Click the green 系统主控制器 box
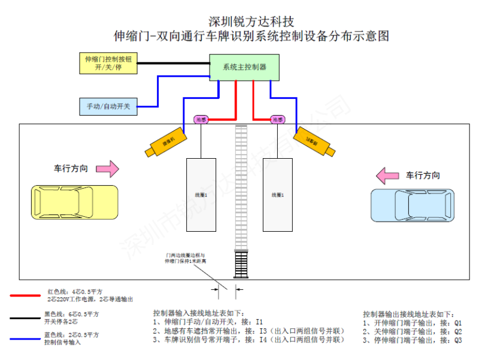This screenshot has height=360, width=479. pyautogui.click(x=244, y=68)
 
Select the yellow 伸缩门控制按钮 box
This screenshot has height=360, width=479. pyautogui.click(x=108, y=63)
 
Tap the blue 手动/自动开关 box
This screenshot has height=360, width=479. pyautogui.click(x=108, y=107)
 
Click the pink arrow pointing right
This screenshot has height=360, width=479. pyautogui.click(x=108, y=169)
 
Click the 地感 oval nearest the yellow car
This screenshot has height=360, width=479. pyautogui.click(x=201, y=120)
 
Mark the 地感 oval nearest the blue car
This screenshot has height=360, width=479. pyautogui.click(x=277, y=120)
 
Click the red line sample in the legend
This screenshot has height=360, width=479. pyautogui.click(x=26, y=295)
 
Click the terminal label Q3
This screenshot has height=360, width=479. pyautogui.click(x=458, y=340)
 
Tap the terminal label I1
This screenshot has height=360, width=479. pyautogui.click(x=259, y=322)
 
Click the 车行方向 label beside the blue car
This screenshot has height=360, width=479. pyautogui.click(x=423, y=176)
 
